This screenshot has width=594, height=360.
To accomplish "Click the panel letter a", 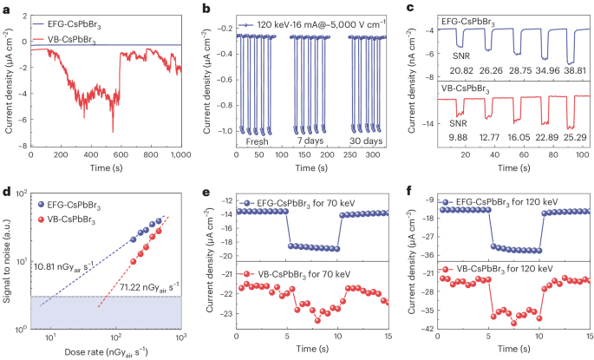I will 6,8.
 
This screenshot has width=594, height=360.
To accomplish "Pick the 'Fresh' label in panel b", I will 256,141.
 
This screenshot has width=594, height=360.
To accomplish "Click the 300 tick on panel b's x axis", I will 367,157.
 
